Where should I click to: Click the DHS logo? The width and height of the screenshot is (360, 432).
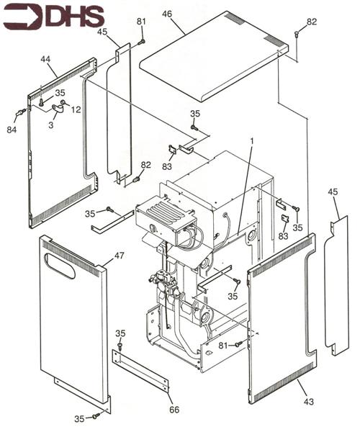pos(54,17)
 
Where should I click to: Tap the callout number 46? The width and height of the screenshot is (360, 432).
pos(167,14)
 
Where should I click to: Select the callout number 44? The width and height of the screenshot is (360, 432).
pos(46,59)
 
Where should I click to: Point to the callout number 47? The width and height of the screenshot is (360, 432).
pos(120,256)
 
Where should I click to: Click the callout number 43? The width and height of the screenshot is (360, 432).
pos(308,402)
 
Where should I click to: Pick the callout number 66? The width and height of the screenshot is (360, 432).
pos(174,410)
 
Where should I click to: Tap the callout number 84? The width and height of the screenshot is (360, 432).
pos(12,130)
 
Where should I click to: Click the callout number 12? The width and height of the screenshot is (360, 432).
pos(76,110)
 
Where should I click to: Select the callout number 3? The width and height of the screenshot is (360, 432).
pos(51,125)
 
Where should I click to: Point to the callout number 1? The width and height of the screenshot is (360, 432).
pos(252,141)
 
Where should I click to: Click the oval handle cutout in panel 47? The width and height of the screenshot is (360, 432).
pos(60,266)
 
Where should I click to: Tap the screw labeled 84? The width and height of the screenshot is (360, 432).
pos(21,112)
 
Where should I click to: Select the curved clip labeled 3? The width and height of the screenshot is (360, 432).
pos(58,109)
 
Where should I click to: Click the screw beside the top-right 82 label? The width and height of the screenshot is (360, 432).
pos(297,34)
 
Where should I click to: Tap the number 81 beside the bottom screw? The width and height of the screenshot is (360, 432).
pos(223,345)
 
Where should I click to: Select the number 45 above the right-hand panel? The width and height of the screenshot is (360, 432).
pos(333,192)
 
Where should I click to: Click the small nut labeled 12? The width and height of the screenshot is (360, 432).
pos(63,103)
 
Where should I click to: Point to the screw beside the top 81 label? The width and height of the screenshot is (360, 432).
pos(142,42)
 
